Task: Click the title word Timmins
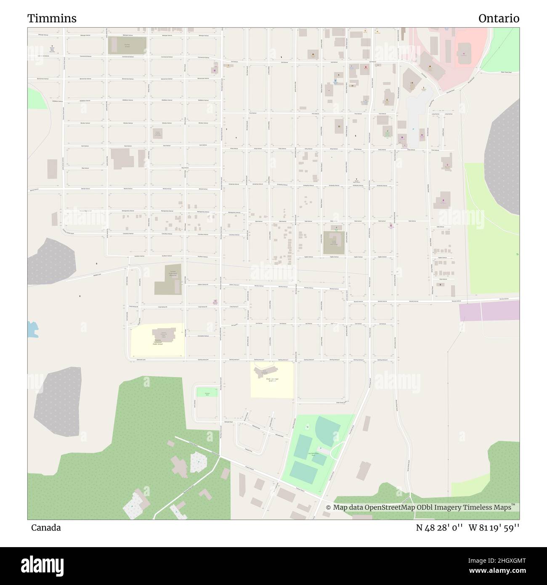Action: (52, 19)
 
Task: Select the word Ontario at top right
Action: (499, 19)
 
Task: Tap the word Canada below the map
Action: (45, 528)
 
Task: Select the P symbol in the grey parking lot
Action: (413, 130)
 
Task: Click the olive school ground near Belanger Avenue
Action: (127, 45)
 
